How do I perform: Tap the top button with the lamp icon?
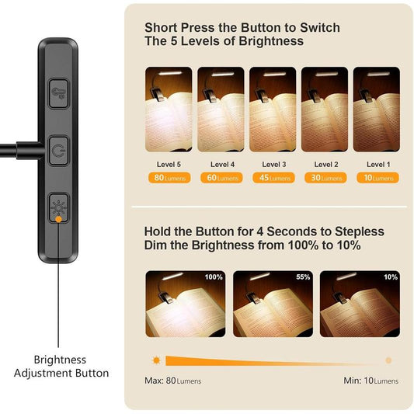58,93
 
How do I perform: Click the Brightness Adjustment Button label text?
61,367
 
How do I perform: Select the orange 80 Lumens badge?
169,178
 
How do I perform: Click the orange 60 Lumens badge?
221,178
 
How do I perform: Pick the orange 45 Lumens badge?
273,178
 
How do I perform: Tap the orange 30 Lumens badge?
325,178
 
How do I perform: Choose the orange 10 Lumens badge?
377,178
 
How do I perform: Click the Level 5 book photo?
169,108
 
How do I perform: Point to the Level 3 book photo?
273,108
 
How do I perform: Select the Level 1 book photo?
377,108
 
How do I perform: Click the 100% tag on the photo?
214,277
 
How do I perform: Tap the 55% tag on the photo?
302,277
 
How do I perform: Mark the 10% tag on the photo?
390,277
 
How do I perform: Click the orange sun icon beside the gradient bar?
157,360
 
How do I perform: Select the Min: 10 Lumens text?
371,381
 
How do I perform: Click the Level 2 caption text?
325,164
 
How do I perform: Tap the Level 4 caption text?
221,164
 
